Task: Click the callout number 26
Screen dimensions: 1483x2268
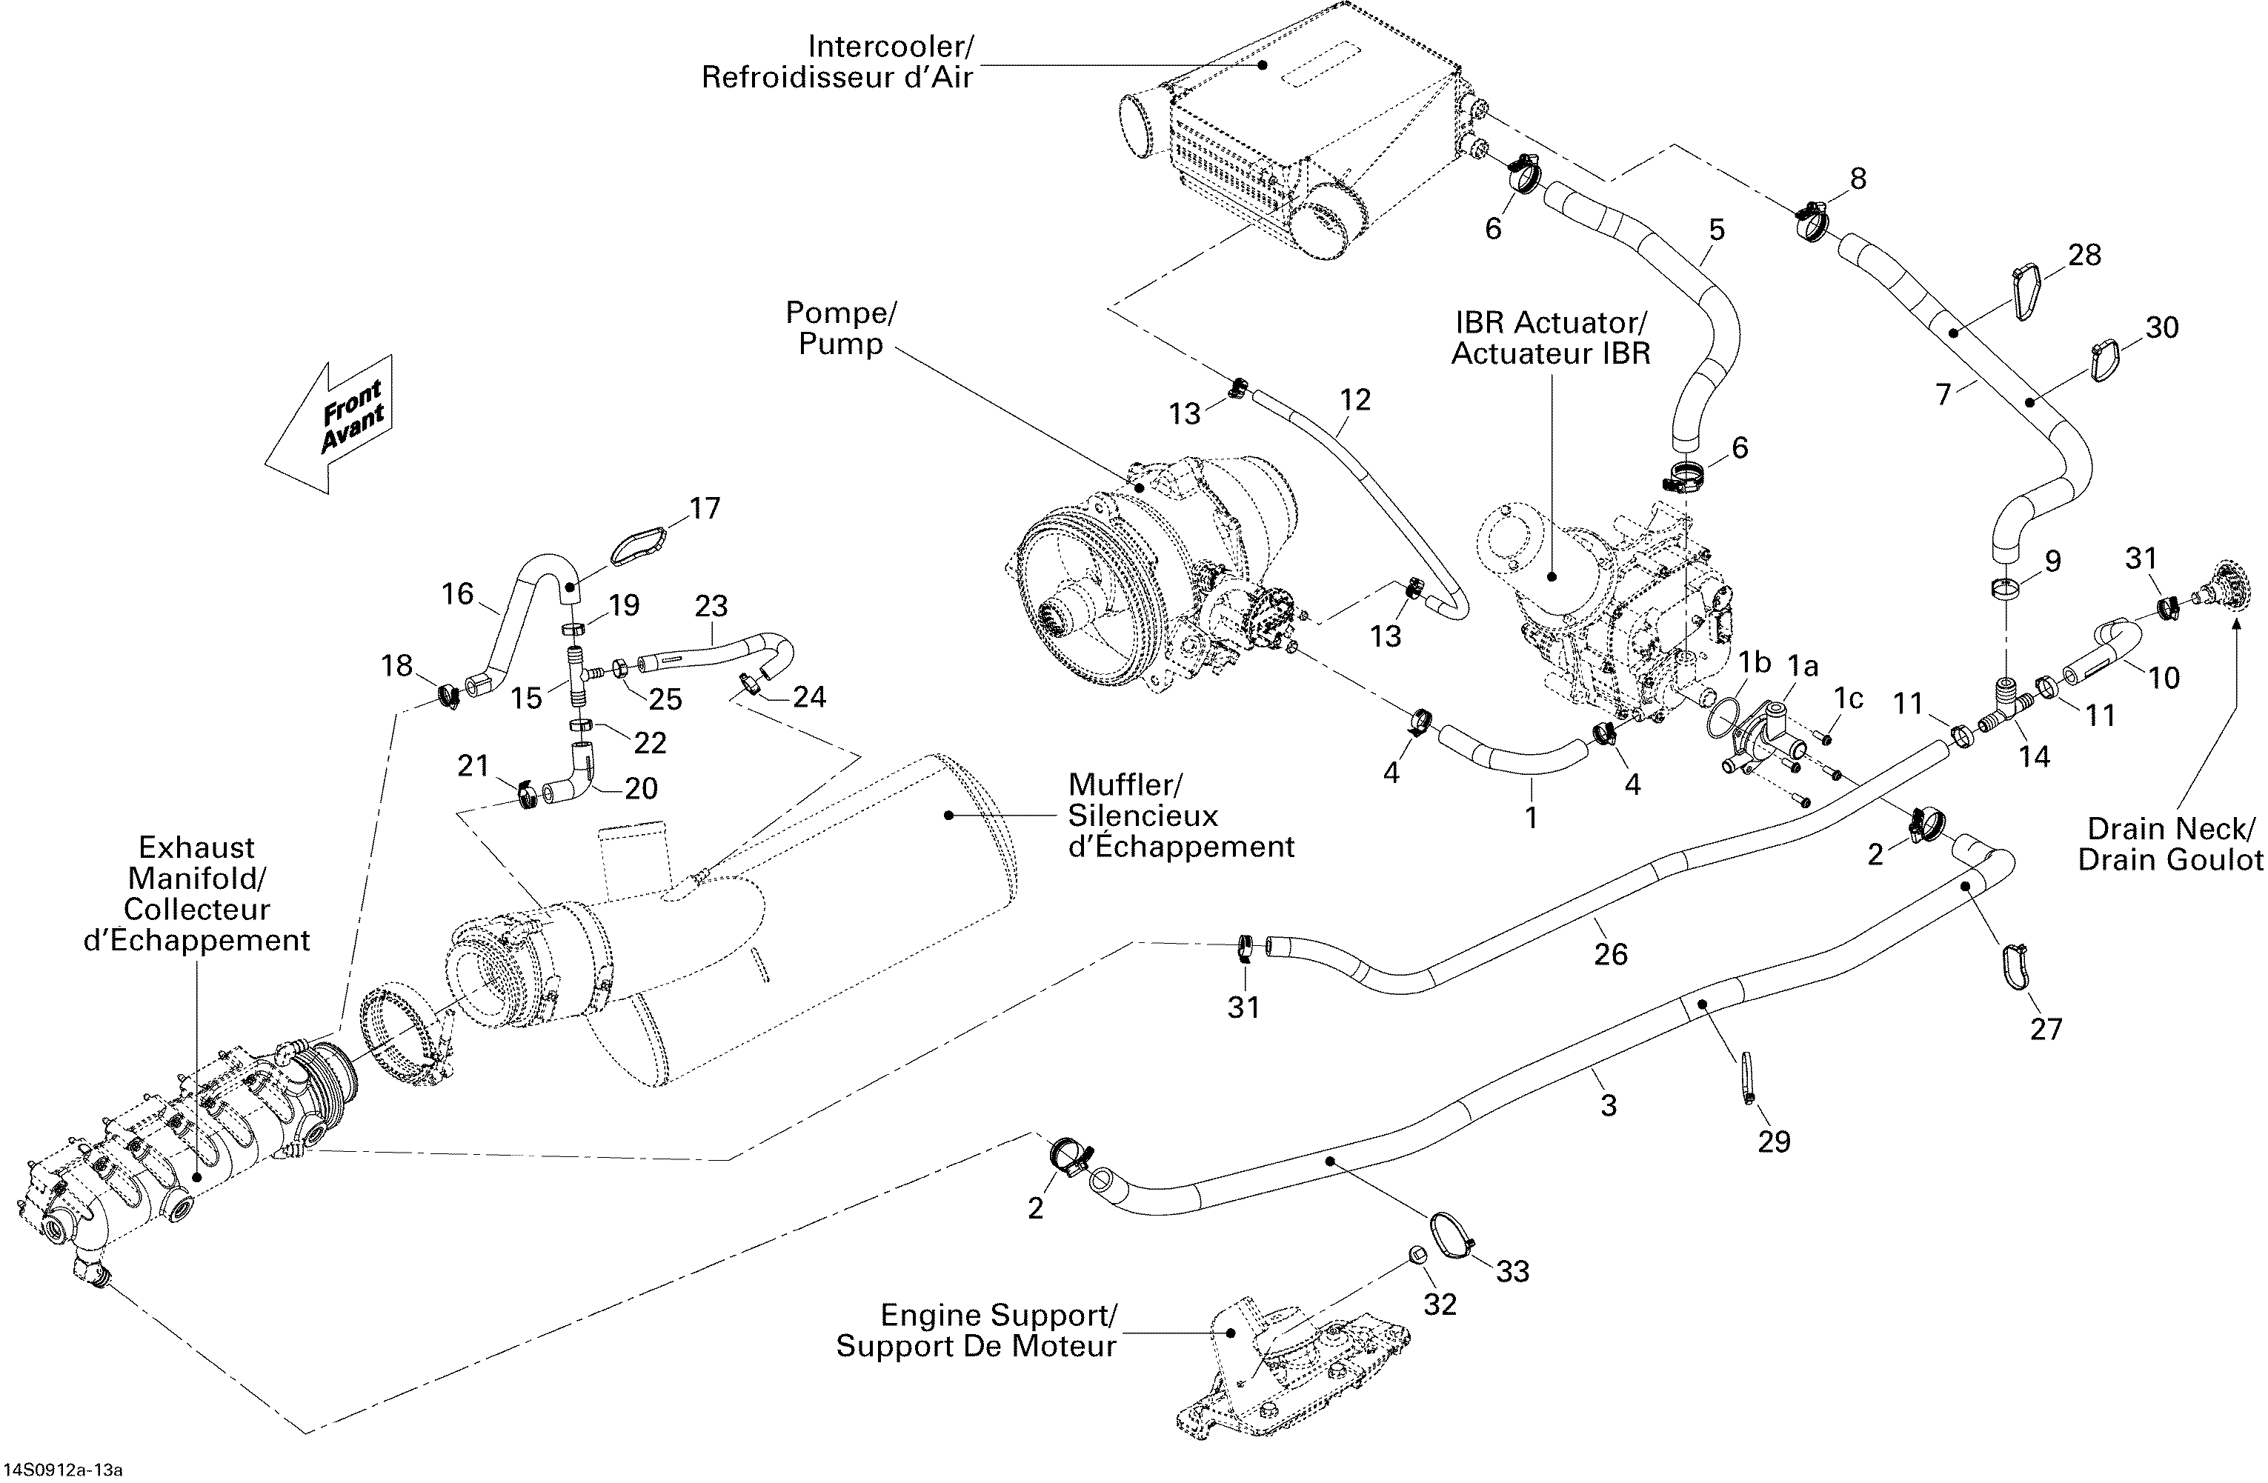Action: (1612, 954)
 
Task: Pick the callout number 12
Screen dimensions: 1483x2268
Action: (1355, 400)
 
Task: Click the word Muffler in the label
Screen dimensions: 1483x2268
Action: (1125, 785)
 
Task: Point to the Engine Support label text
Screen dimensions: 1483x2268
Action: (997, 1316)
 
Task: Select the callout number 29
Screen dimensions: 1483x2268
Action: (1775, 1141)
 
